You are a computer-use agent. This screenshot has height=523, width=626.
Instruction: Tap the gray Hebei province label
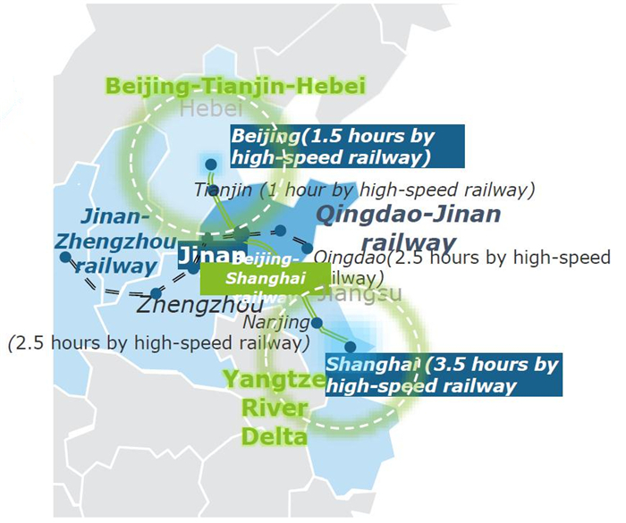pyautogui.click(x=211, y=109)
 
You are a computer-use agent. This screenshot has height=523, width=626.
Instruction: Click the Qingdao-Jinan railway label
pyautogui.click(x=408, y=227)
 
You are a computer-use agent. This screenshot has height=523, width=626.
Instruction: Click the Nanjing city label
pyautogui.click(x=275, y=321)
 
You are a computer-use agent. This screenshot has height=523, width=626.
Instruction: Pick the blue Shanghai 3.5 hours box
pyautogui.click(x=443, y=375)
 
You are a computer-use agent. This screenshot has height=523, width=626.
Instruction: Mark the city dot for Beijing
pyautogui.click(x=211, y=164)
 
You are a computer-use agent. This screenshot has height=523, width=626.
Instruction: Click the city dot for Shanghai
pyautogui.click(x=351, y=346)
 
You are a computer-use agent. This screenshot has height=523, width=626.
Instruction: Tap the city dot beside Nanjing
pyautogui.click(x=317, y=323)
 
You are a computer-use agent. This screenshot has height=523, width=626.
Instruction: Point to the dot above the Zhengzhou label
pyautogui.click(x=156, y=292)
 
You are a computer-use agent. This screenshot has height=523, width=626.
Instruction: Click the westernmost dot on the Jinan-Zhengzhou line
pyautogui.click(x=65, y=257)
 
